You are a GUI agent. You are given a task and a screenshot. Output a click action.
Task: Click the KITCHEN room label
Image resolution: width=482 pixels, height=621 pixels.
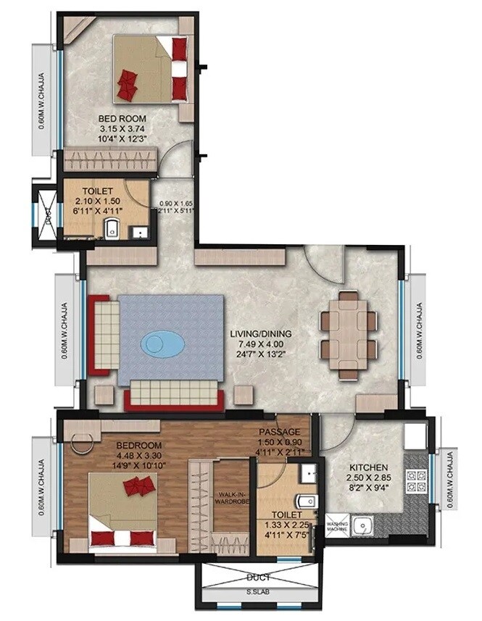(367, 467)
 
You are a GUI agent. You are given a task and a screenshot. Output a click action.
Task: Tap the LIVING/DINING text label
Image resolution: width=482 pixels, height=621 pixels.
(261, 333)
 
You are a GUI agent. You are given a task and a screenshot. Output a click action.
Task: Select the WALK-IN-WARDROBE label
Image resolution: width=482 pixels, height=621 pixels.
(233, 497)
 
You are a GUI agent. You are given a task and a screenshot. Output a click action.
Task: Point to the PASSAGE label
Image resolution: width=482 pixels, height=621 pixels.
(279, 432)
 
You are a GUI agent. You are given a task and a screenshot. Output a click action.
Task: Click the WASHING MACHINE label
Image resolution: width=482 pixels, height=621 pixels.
(337, 527)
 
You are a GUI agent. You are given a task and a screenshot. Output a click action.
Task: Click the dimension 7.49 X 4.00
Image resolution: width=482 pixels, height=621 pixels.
(261, 344)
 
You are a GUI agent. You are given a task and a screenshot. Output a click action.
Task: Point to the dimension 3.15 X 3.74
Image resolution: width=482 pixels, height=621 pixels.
(122, 130)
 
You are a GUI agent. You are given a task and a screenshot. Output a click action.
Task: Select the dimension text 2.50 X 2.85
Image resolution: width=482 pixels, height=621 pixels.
(367, 479)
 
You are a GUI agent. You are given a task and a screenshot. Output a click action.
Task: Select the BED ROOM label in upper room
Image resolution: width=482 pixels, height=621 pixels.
(122, 118)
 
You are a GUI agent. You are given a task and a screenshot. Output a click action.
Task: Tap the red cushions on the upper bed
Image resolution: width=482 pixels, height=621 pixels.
(129, 82)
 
